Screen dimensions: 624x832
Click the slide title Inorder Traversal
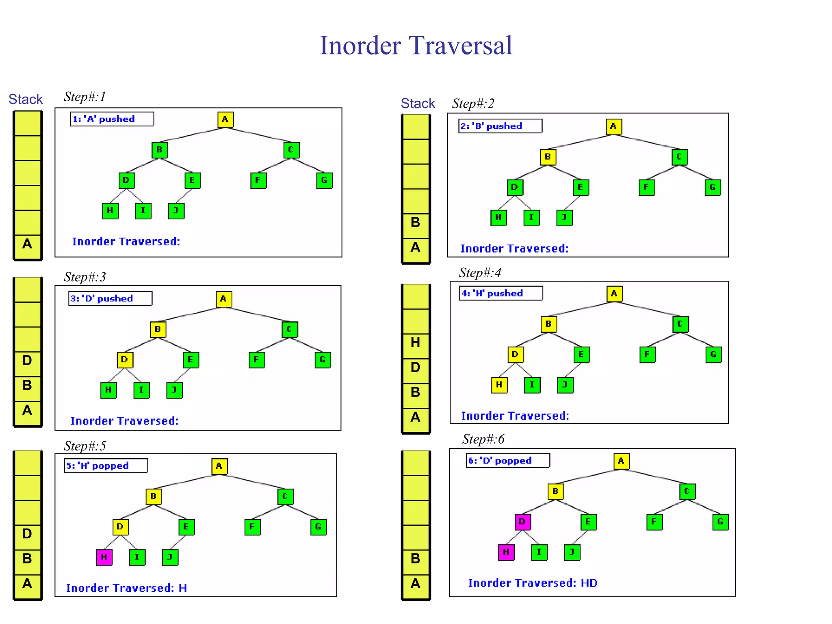[416, 45]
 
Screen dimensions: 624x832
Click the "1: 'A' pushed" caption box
[112, 119]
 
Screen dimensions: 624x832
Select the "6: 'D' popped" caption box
[507, 461]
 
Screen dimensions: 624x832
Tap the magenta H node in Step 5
[104, 557]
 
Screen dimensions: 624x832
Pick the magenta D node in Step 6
[522, 522]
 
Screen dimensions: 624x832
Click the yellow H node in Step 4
[499, 385]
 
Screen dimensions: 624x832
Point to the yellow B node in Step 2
[548, 157]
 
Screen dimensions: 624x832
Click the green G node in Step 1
[324, 180]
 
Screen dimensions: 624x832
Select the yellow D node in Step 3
[125, 360]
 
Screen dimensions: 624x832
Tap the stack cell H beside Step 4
[416, 342]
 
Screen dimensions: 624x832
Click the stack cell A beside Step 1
[27, 244]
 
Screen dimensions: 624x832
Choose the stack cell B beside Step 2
[416, 222]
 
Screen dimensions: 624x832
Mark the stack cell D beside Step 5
[27, 534]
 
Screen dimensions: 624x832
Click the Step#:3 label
[84, 277]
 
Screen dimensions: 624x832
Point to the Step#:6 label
[483, 439]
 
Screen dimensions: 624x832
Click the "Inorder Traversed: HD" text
[533, 583]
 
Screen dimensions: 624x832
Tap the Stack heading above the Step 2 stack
[418, 104]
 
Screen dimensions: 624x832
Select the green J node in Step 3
[174, 390]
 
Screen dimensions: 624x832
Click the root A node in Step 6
[621, 461]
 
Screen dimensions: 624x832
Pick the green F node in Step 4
[647, 355]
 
